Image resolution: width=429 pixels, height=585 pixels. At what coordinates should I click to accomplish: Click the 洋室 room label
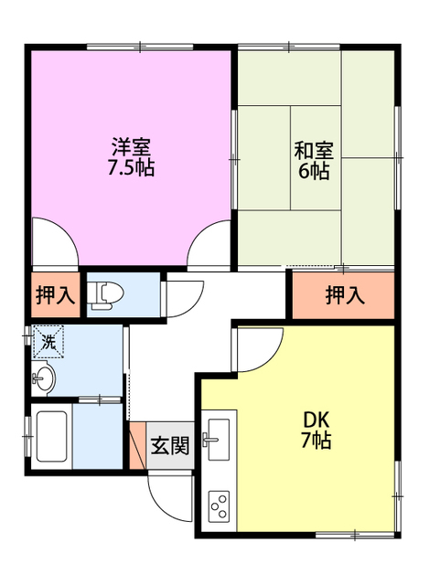click(132, 146)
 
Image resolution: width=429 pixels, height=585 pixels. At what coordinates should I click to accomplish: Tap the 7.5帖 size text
click(132, 168)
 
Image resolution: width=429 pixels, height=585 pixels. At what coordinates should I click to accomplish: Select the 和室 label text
click(313, 150)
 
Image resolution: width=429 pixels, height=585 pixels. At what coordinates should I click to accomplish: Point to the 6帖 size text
click(313, 172)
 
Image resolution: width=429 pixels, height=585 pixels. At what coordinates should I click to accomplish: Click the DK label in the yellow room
click(316, 420)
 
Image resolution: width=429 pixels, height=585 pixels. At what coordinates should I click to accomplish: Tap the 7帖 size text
click(316, 441)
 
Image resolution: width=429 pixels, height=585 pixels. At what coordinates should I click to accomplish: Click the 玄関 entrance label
click(169, 446)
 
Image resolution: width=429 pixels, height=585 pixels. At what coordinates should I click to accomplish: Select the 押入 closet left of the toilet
click(55, 294)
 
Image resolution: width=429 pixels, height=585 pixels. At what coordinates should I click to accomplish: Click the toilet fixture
click(109, 293)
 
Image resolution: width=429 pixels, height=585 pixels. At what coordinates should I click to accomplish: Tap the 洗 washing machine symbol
click(48, 342)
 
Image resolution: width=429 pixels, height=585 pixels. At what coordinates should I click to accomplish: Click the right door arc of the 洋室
click(209, 245)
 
